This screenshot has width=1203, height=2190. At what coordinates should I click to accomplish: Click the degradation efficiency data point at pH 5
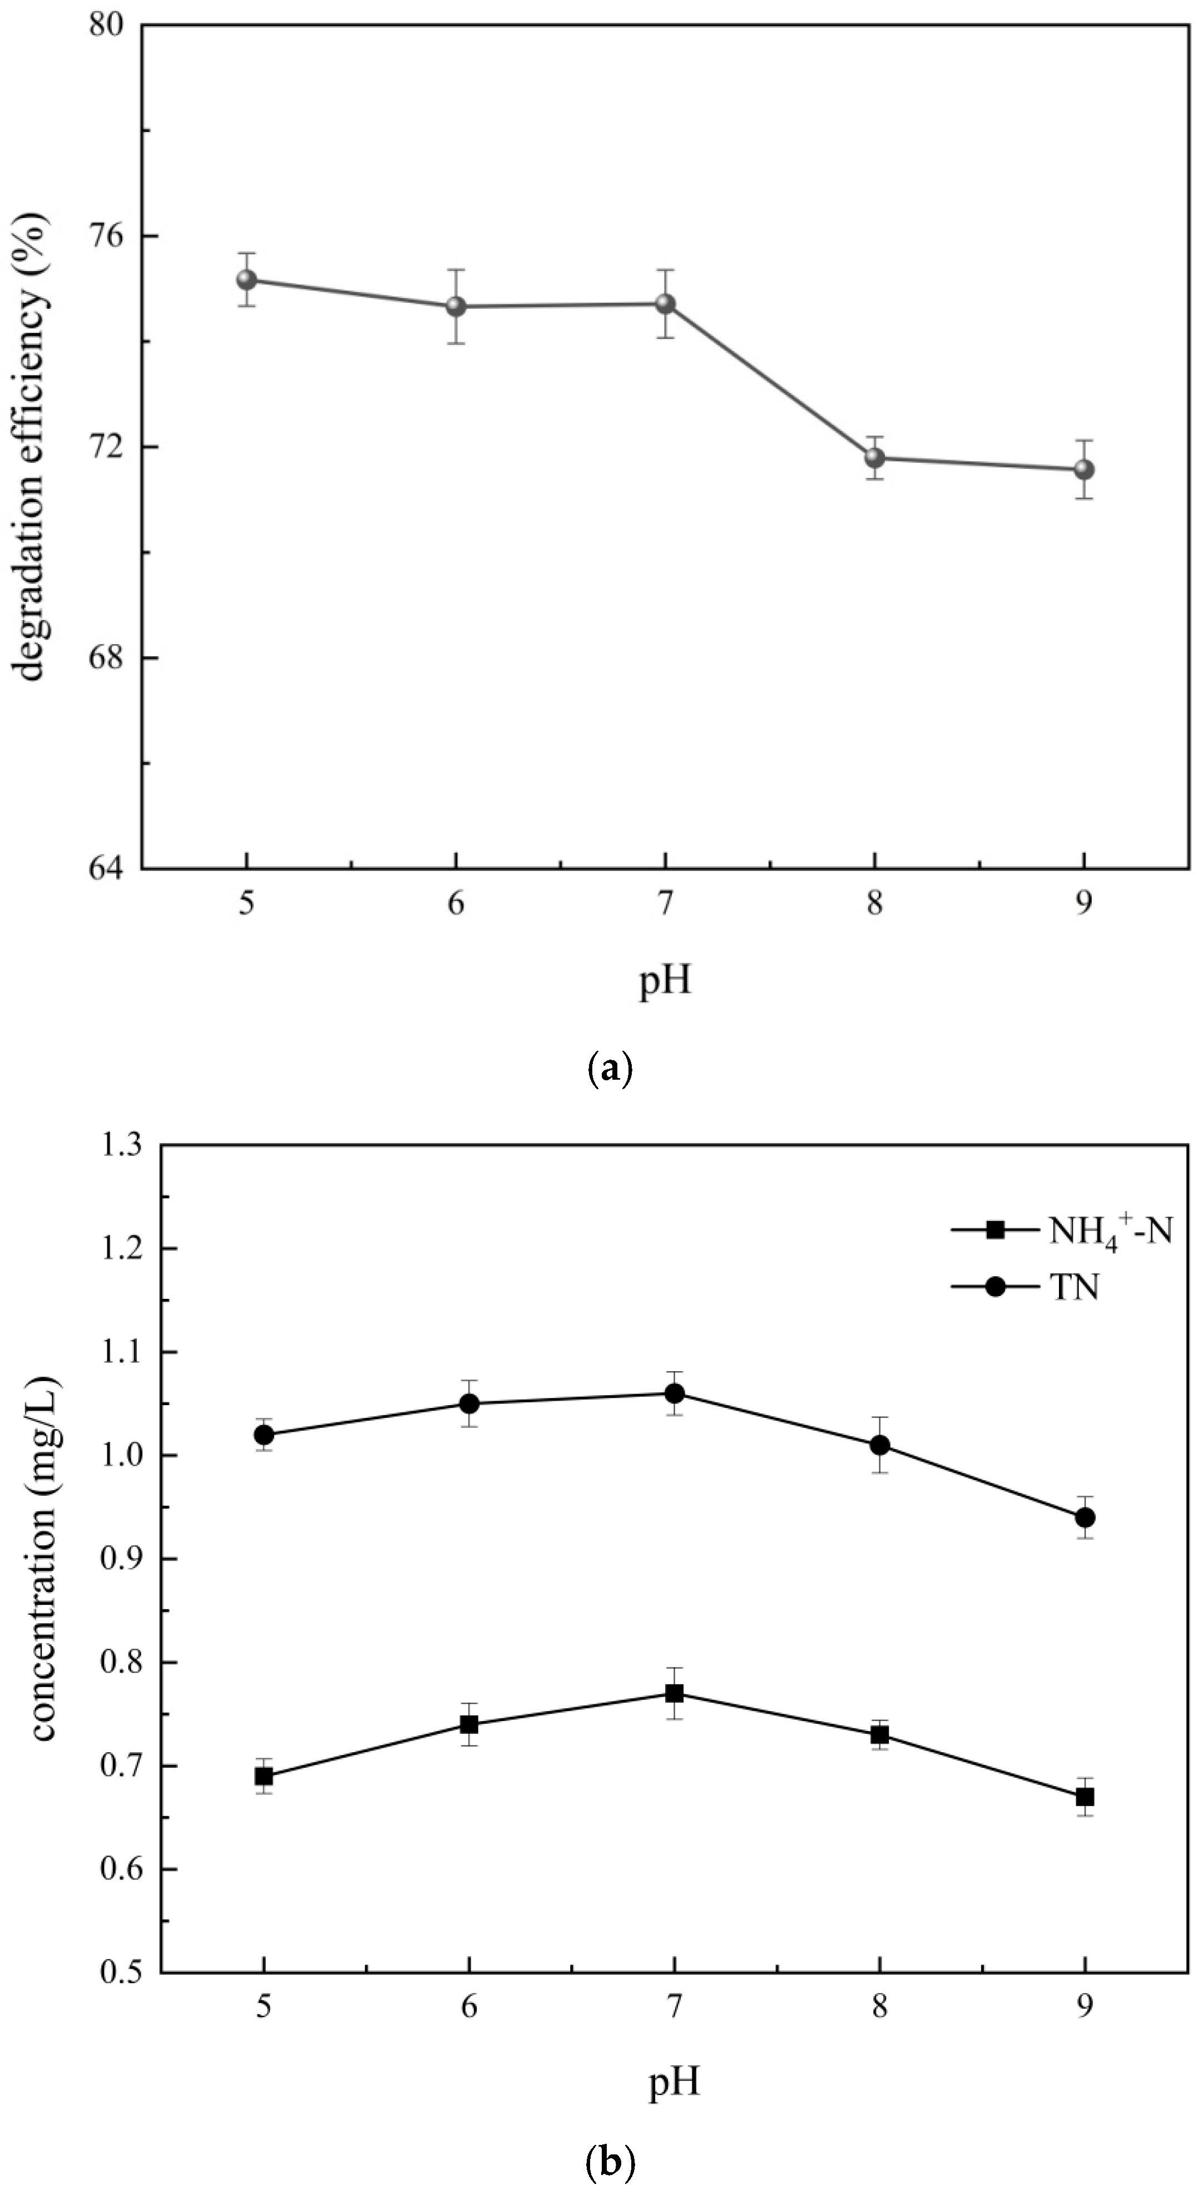pyautogui.click(x=246, y=280)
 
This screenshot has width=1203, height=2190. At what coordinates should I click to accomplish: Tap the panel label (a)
pyautogui.click(x=610, y=1067)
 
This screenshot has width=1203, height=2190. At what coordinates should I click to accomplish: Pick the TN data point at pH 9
pyautogui.click(x=1085, y=1517)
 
